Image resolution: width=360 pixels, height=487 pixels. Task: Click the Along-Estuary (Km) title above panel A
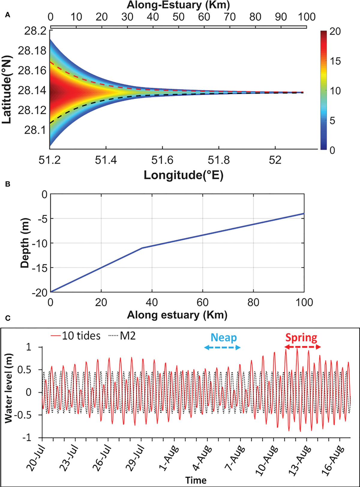click(x=178, y=5)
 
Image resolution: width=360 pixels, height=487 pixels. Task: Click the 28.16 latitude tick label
click(x=32, y=71)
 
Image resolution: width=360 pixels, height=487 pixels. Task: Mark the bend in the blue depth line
click(x=142, y=248)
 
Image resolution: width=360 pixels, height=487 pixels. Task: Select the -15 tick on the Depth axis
click(x=39, y=268)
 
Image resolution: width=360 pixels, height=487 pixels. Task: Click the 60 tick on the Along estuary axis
click(x=203, y=302)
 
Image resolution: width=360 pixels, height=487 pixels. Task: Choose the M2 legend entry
click(x=122, y=336)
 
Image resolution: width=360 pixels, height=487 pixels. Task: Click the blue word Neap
click(x=223, y=338)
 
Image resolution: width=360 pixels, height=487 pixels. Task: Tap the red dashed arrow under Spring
click(x=302, y=347)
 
